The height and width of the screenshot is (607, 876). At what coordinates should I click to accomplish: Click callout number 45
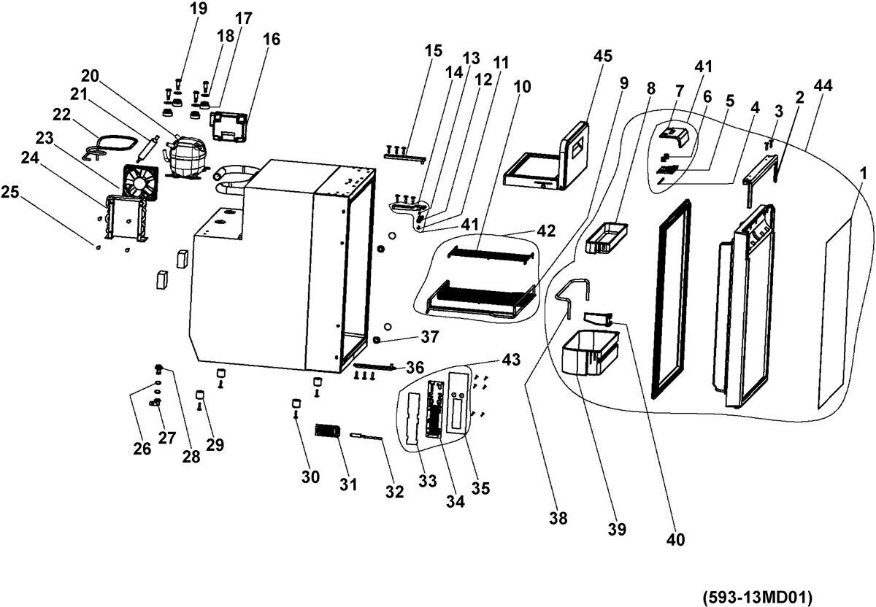pos(603,57)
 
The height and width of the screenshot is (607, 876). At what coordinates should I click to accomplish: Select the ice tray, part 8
pos(606,239)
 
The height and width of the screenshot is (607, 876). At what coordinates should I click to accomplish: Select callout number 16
pos(271,39)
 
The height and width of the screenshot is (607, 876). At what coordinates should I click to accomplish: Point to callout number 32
pos(395,492)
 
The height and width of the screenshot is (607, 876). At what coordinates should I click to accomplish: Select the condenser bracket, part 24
pos(126,217)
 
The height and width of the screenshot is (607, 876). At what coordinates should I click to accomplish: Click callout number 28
pos(191,457)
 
